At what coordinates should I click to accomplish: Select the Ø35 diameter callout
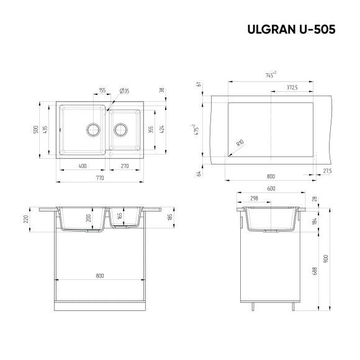124,91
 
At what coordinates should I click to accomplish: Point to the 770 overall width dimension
100,178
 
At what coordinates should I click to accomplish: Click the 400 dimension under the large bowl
82,166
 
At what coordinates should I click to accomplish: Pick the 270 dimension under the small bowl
124,166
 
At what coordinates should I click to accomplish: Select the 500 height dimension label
37,130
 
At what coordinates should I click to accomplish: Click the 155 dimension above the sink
102,91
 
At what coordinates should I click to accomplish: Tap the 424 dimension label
162,129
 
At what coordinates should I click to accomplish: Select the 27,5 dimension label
327,170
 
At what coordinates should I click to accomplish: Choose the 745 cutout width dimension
270,76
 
